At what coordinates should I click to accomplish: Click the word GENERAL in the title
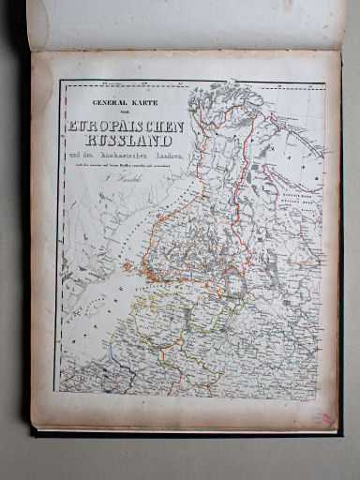click(x=105, y=104)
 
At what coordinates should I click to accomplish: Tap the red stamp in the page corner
click(x=324, y=415)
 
